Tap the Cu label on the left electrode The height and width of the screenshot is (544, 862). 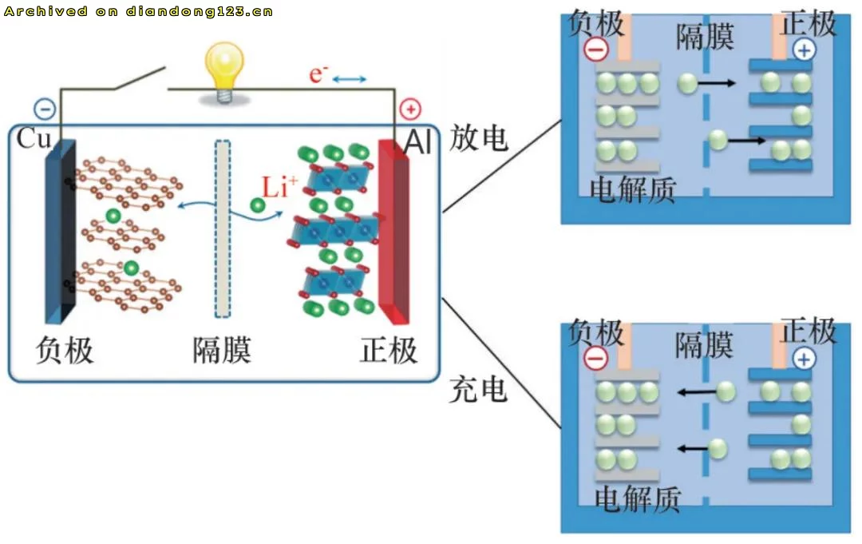[x=34, y=140]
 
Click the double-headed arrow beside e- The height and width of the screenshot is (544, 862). [x=349, y=79]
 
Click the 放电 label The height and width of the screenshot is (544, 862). [x=479, y=138]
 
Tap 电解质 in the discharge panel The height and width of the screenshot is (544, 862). [x=633, y=189]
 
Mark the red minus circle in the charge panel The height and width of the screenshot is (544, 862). [x=596, y=359]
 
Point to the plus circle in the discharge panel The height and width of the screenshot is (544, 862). [x=805, y=50]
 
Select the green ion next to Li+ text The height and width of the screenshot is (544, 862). [x=257, y=205]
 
